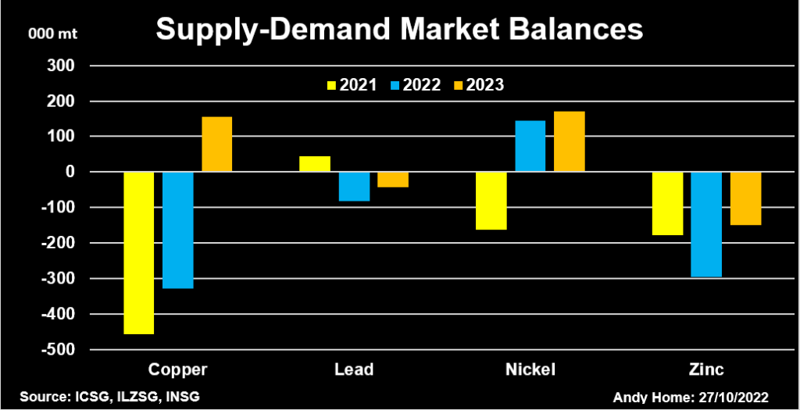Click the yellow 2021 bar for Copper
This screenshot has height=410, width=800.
point(139,252)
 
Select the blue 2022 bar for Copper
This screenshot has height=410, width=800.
point(177,230)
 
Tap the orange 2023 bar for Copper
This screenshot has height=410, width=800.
point(217,144)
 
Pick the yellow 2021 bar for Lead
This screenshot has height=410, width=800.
point(315,164)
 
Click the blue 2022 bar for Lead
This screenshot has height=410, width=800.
point(354,187)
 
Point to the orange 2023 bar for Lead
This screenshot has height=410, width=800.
point(393,180)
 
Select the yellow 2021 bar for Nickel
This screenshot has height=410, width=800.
point(491,201)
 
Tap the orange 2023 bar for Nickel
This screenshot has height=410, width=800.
point(570,141)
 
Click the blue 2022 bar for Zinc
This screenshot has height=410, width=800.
point(706,224)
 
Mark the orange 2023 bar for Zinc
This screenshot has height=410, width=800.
point(745,198)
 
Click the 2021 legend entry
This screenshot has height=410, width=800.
point(350,85)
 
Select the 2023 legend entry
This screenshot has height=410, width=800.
point(477,85)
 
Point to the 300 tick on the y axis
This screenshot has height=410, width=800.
point(59,66)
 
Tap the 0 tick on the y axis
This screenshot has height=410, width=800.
point(68,172)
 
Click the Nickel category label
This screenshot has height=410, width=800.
point(530,369)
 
